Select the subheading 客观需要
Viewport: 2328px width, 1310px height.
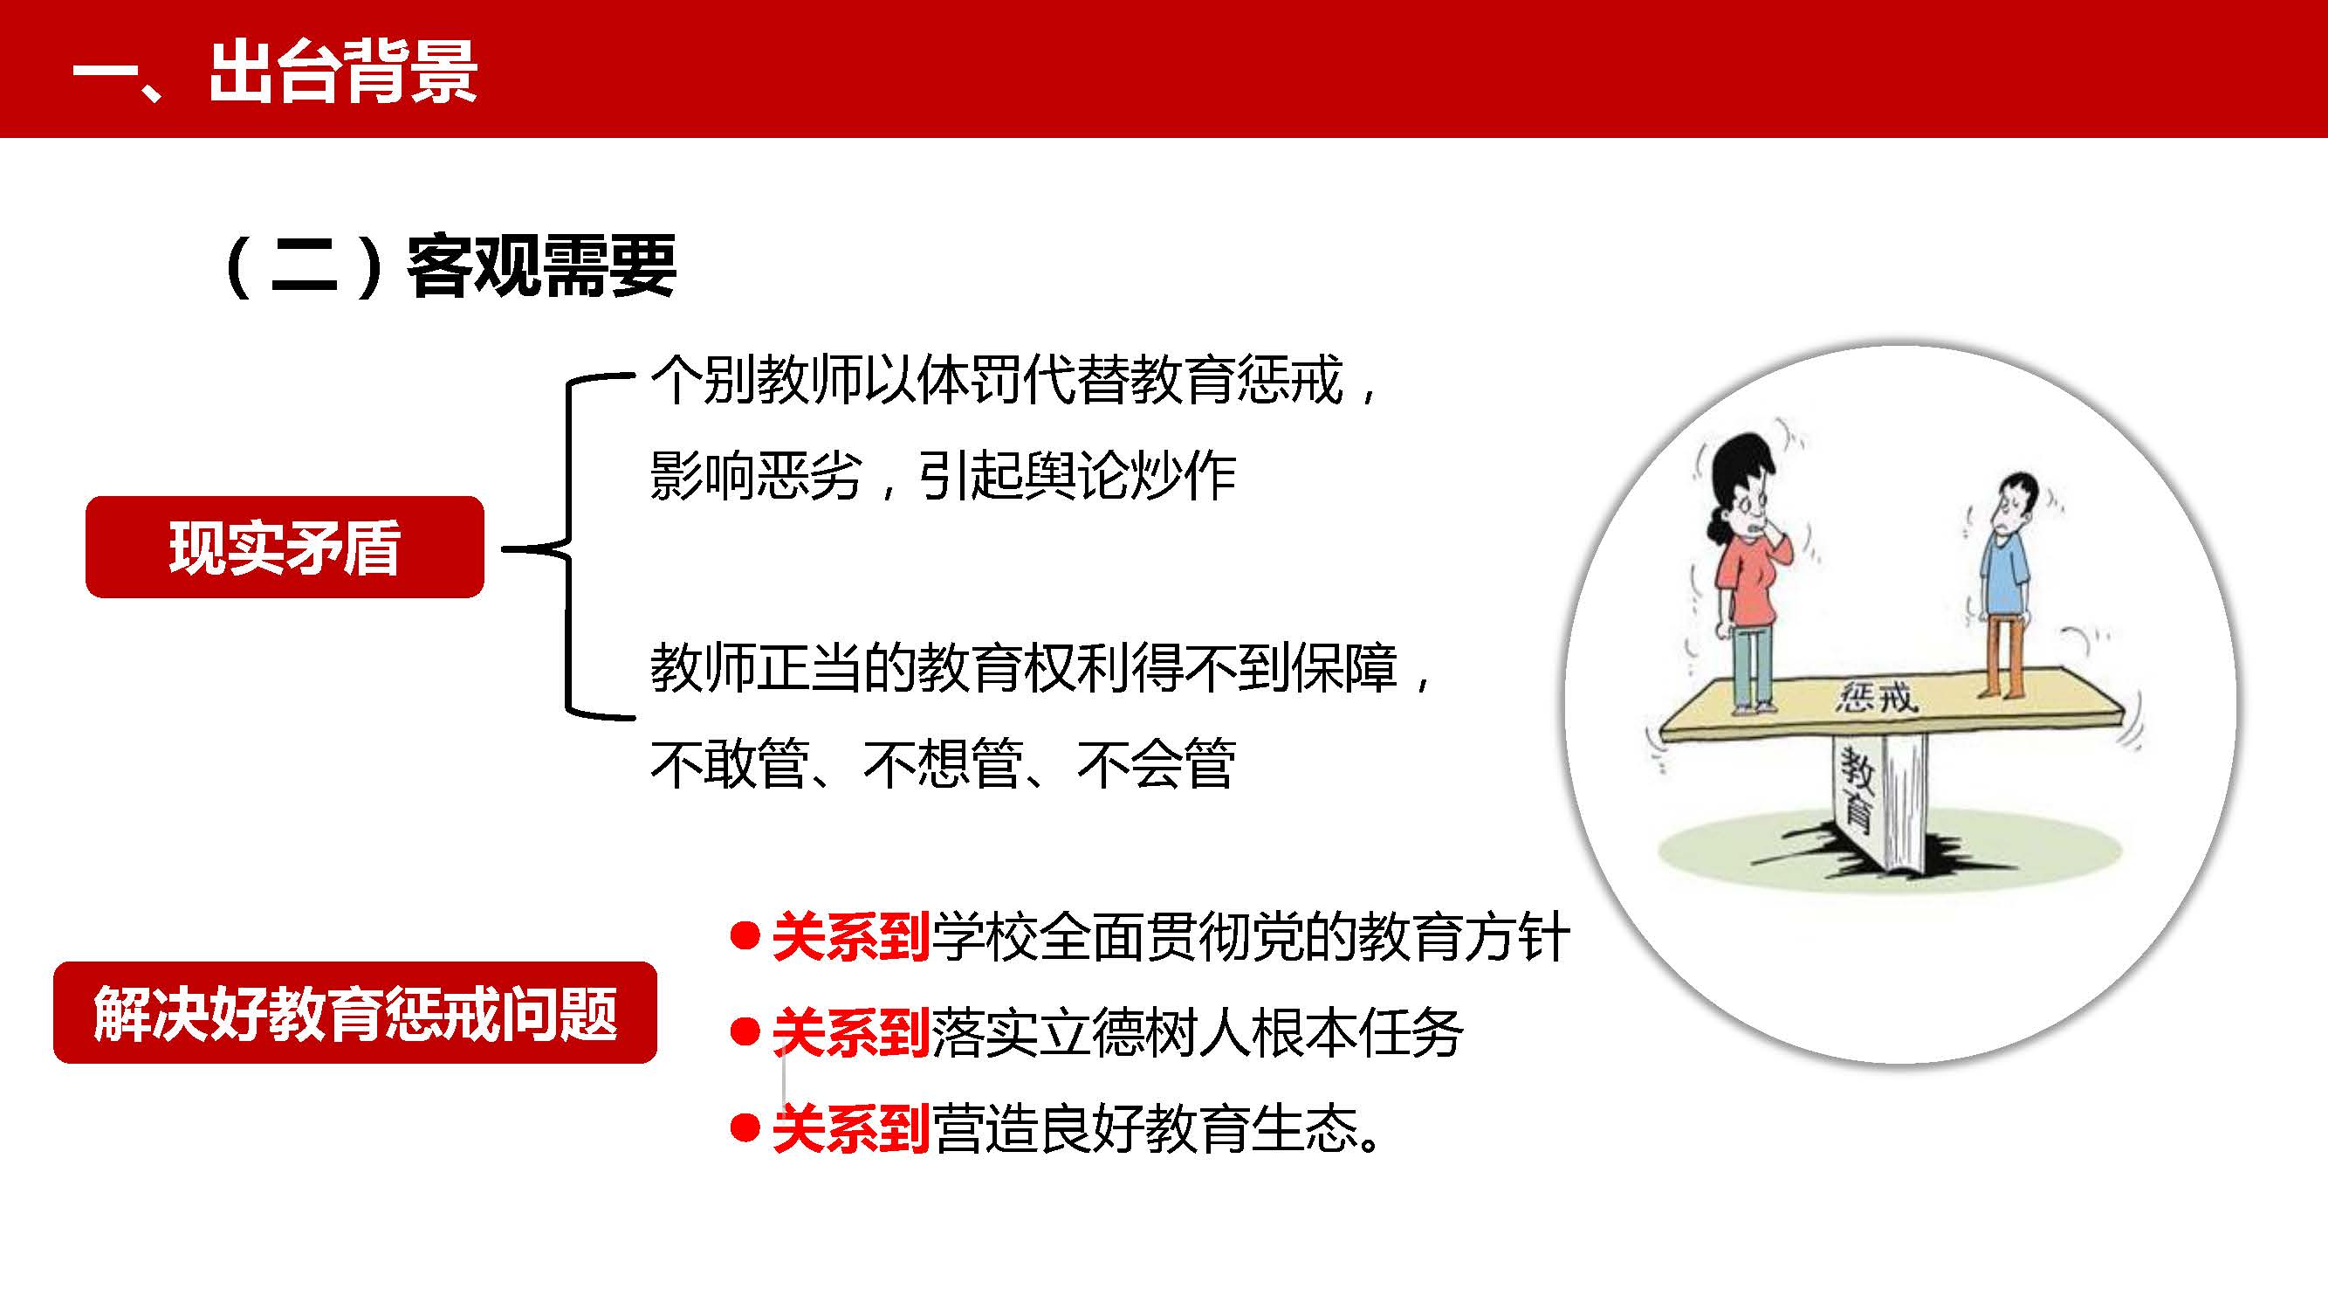pyautogui.click(x=540, y=265)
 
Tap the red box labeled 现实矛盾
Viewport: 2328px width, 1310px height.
pyautogui.click(x=285, y=547)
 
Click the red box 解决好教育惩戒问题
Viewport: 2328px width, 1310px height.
pyautogui.click(x=355, y=1012)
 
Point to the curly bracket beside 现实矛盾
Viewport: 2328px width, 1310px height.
pyautogui.click(x=568, y=547)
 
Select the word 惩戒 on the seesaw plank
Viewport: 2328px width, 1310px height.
pyautogui.click(x=1876, y=697)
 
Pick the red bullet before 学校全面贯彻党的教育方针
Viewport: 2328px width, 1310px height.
pyautogui.click(x=744, y=935)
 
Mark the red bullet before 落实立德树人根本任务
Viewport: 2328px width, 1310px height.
pyautogui.click(x=744, y=1031)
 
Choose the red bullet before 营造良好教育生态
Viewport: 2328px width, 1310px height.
pyautogui.click(x=744, y=1127)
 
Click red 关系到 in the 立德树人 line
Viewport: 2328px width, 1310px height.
pyautogui.click(x=851, y=1032)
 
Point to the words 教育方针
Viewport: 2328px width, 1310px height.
pyautogui.click(x=1464, y=936)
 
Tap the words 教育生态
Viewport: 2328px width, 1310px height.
pyautogui.click(x=1252, y=1128)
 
